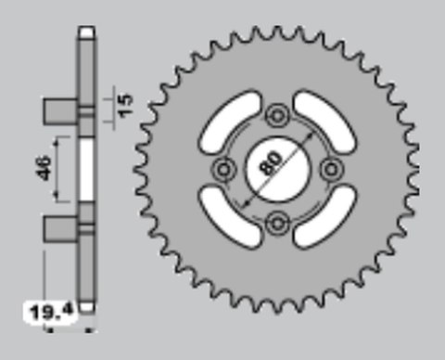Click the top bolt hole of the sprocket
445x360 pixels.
tap(276, 116)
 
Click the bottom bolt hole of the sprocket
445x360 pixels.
tap(276, 222)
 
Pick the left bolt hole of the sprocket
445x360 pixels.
tap(223, 169)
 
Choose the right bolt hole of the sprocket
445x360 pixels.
tap(329, 169)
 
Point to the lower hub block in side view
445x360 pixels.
tap(60, 228)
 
